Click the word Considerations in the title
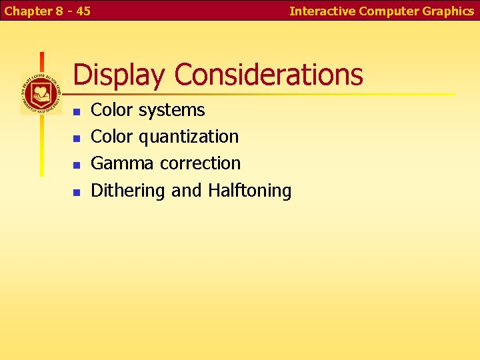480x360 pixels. click(269, 75)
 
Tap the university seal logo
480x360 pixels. click(41, 93)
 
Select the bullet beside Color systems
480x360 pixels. click(77, 111)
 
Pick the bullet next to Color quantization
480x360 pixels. click(77, 138)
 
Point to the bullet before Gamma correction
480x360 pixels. click(77, 165)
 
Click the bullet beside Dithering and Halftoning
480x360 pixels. click(77, 192)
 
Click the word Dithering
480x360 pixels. click(128, 191)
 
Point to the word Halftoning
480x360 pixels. click(249, 191)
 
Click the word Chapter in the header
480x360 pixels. click(26, 11)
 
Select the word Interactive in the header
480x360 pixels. click(322, 11)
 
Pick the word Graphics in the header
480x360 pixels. click(448, 11)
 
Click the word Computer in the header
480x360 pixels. click(389, 11)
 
